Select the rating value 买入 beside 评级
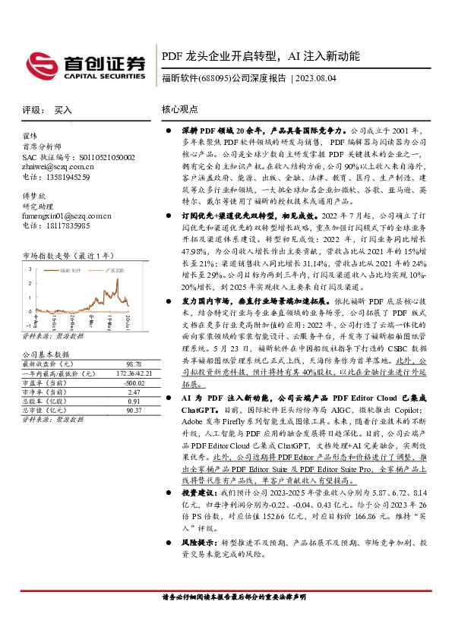click(x=63, y=110)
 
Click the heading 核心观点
click(x=179, y=110)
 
